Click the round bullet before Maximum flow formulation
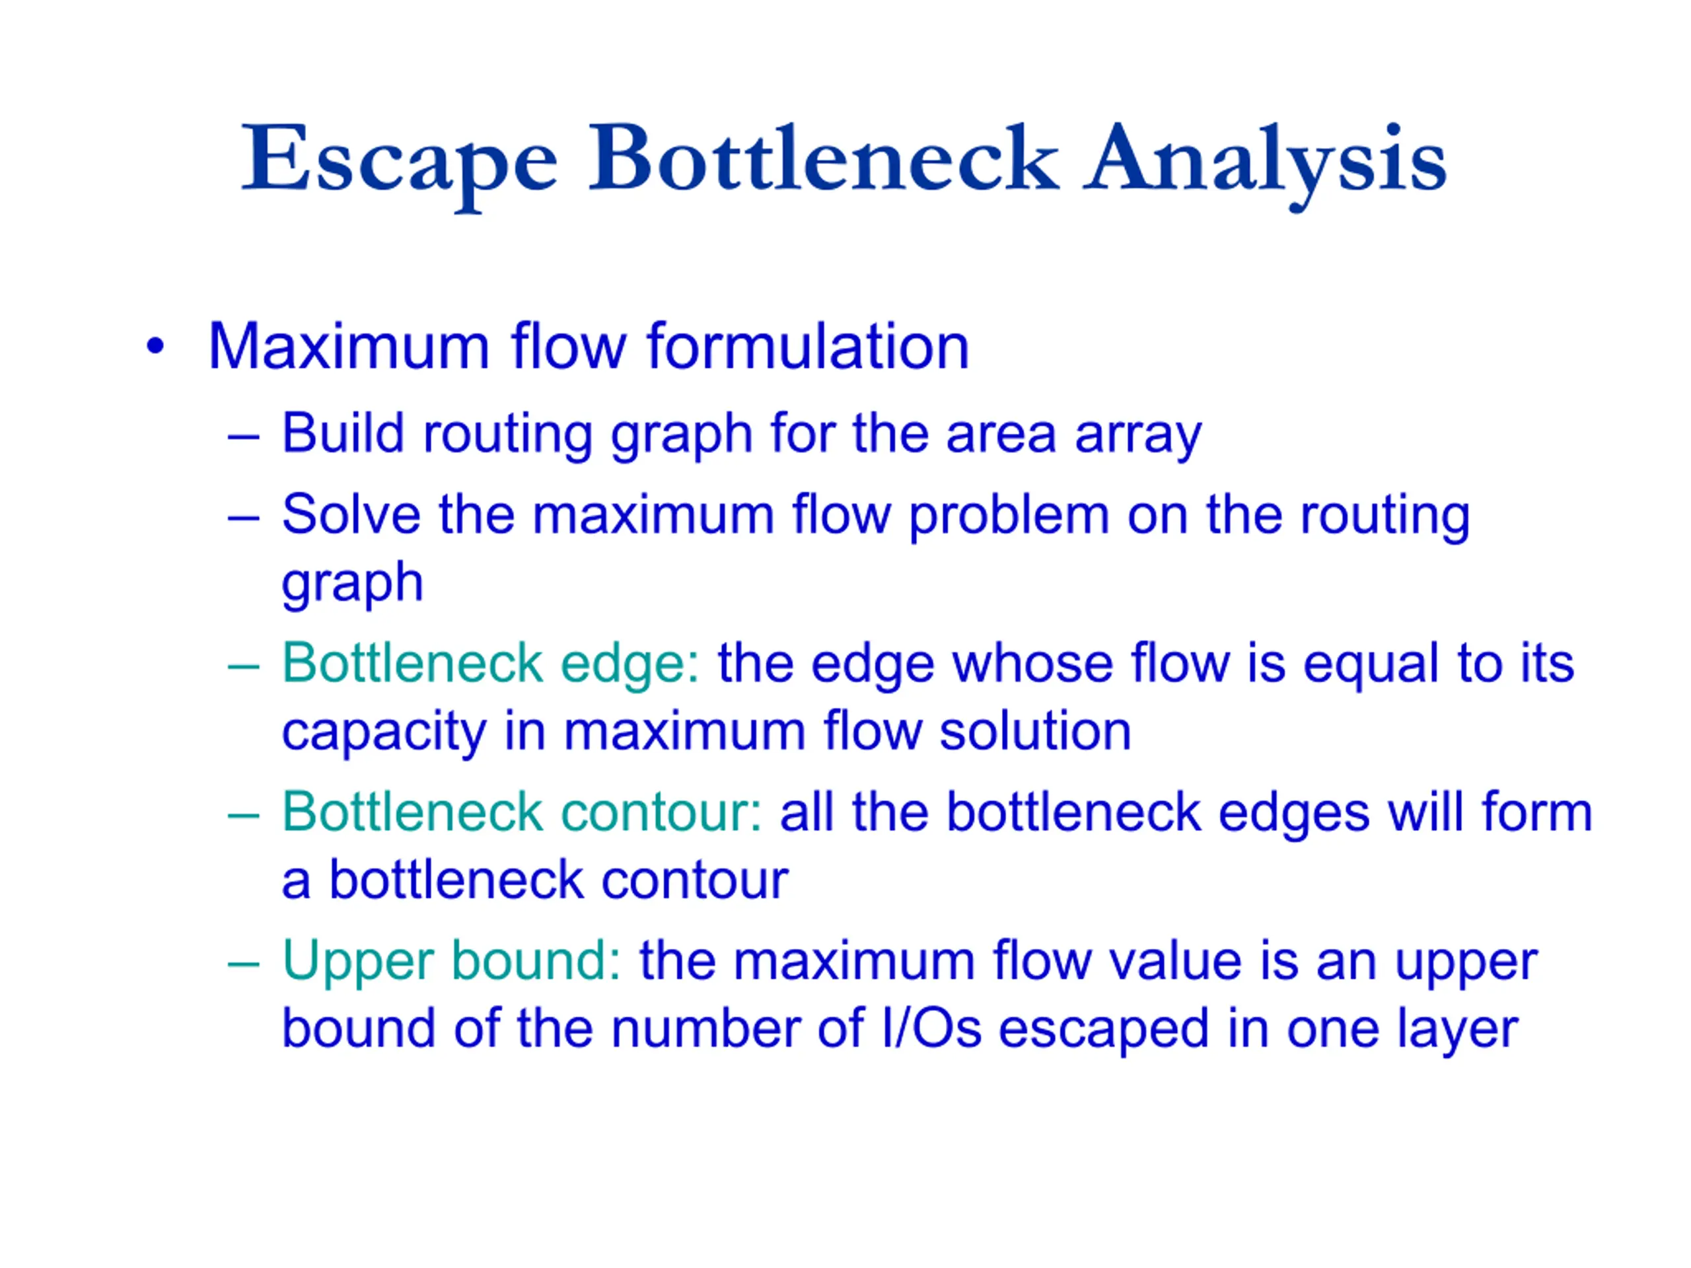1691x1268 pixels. click(155, 346)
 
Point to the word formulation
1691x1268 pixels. click(808, 346)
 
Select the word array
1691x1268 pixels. click(1138, 437)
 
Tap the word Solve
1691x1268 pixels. click(351, 514)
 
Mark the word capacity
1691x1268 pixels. click(384, 735)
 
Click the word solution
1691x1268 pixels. click(1035, 732)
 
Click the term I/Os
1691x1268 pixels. click(932, 1029)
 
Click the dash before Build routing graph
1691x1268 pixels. click(243, 438)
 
